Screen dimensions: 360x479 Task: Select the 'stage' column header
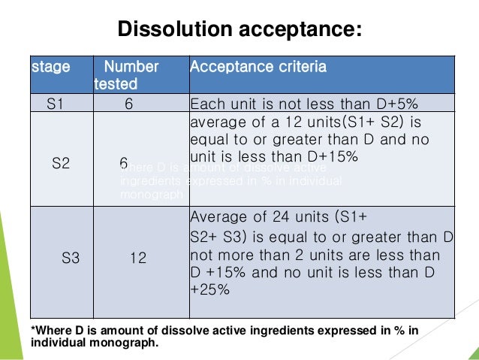pyautogui.click(x=51, y=67)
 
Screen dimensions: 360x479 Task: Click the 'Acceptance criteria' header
pyautogui.click(x=258, y=67)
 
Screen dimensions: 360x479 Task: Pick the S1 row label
pyautogui.click(x=55, y=104)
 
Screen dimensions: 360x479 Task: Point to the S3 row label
pyautogui.click(x=71, y=258)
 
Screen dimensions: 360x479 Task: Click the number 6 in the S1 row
pyautogui.click(x=129, y=104)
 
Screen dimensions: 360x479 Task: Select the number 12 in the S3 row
pyautogui.click(x=138, y=258)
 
